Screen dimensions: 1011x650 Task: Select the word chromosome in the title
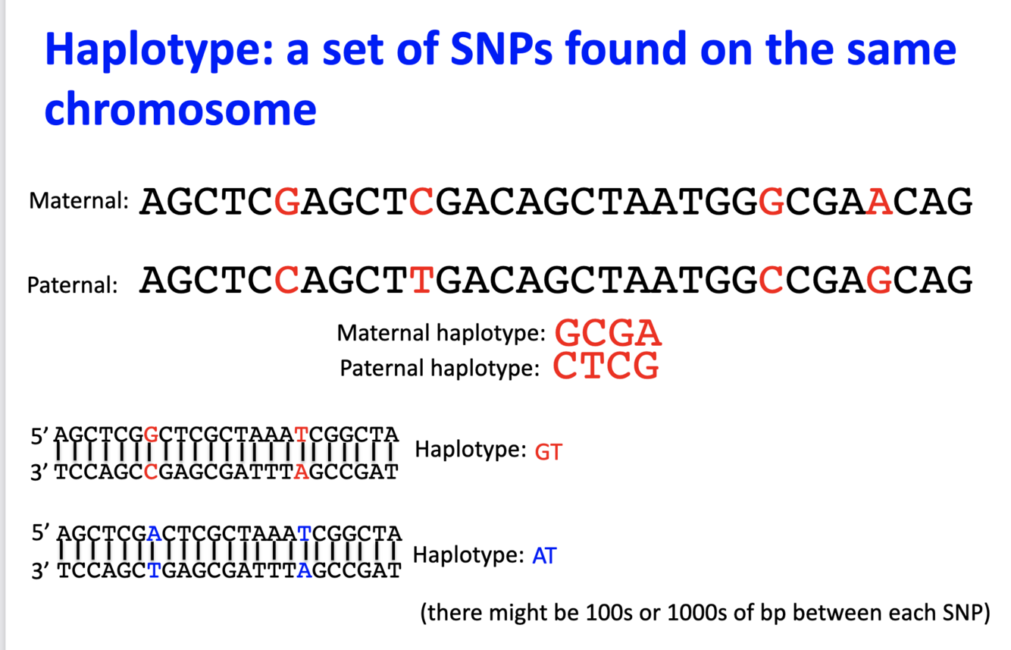click(180, 109)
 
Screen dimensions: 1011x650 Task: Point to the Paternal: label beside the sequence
click(73, 285)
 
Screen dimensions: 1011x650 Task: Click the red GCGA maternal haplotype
click(608, 333)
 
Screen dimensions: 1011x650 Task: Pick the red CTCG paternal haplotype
click(606, 367)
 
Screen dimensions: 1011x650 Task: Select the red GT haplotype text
click(548, 452)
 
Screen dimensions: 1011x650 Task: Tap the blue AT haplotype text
click(544, 556)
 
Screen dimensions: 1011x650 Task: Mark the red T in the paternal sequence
click(421, 281)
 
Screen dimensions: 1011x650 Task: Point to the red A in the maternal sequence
click(880, 202)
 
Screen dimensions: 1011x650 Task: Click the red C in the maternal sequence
click(421, 202)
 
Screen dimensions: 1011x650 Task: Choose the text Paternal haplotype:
click(440, 368)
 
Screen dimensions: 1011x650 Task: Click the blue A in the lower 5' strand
click(154, 533)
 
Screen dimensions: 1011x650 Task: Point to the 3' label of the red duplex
click(40, 472)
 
